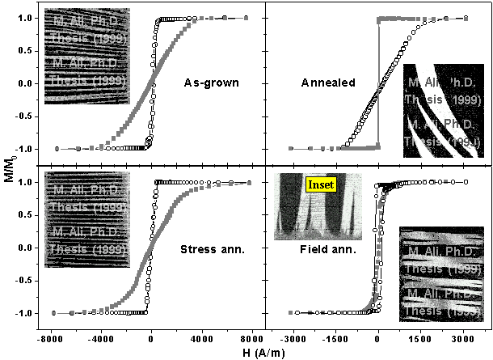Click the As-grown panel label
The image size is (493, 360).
212,83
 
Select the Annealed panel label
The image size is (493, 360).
326,83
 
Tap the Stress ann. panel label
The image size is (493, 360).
208,248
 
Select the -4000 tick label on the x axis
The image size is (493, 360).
100,337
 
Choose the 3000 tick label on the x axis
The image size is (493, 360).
461,337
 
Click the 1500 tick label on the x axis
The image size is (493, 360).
419,337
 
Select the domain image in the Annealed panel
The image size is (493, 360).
444,109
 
